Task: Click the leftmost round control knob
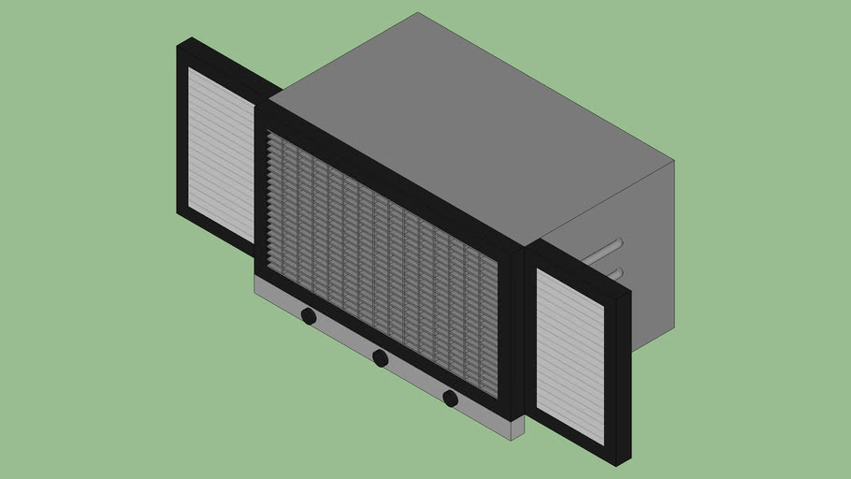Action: pos(309,317)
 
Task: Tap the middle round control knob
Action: pos(380,357)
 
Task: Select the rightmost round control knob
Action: pos(450,399)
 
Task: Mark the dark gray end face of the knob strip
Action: pos(517,428)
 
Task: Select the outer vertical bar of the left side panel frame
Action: pos(182,131)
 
